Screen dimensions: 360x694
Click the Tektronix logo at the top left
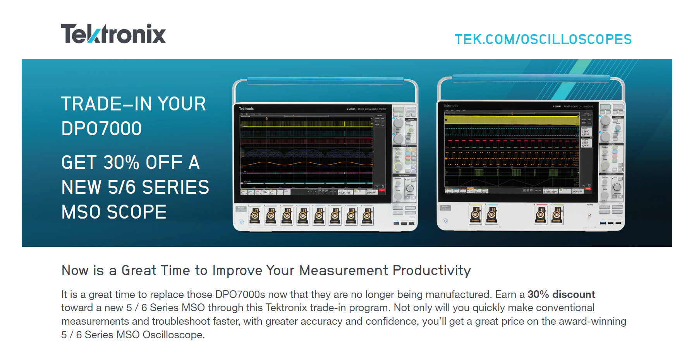coord(113,34)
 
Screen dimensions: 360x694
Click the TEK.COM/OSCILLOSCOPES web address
coord(543,40)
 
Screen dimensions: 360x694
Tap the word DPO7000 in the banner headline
coord(101,129)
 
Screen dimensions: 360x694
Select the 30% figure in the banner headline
coord(121,162)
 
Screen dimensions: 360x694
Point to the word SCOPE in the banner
coord(136,212)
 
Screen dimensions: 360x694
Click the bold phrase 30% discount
coord(561,295)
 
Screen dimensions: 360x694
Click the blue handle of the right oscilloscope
coord(531,78)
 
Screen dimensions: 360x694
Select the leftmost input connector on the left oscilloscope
coord(254,215)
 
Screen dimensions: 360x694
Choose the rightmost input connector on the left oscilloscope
coord(368,215)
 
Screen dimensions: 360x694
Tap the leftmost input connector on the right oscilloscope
coord(476,215)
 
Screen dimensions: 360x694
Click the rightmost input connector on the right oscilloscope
coord(557,215)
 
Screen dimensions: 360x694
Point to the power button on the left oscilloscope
coord(241,222)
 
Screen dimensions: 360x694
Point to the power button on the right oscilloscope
coord(445,221)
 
